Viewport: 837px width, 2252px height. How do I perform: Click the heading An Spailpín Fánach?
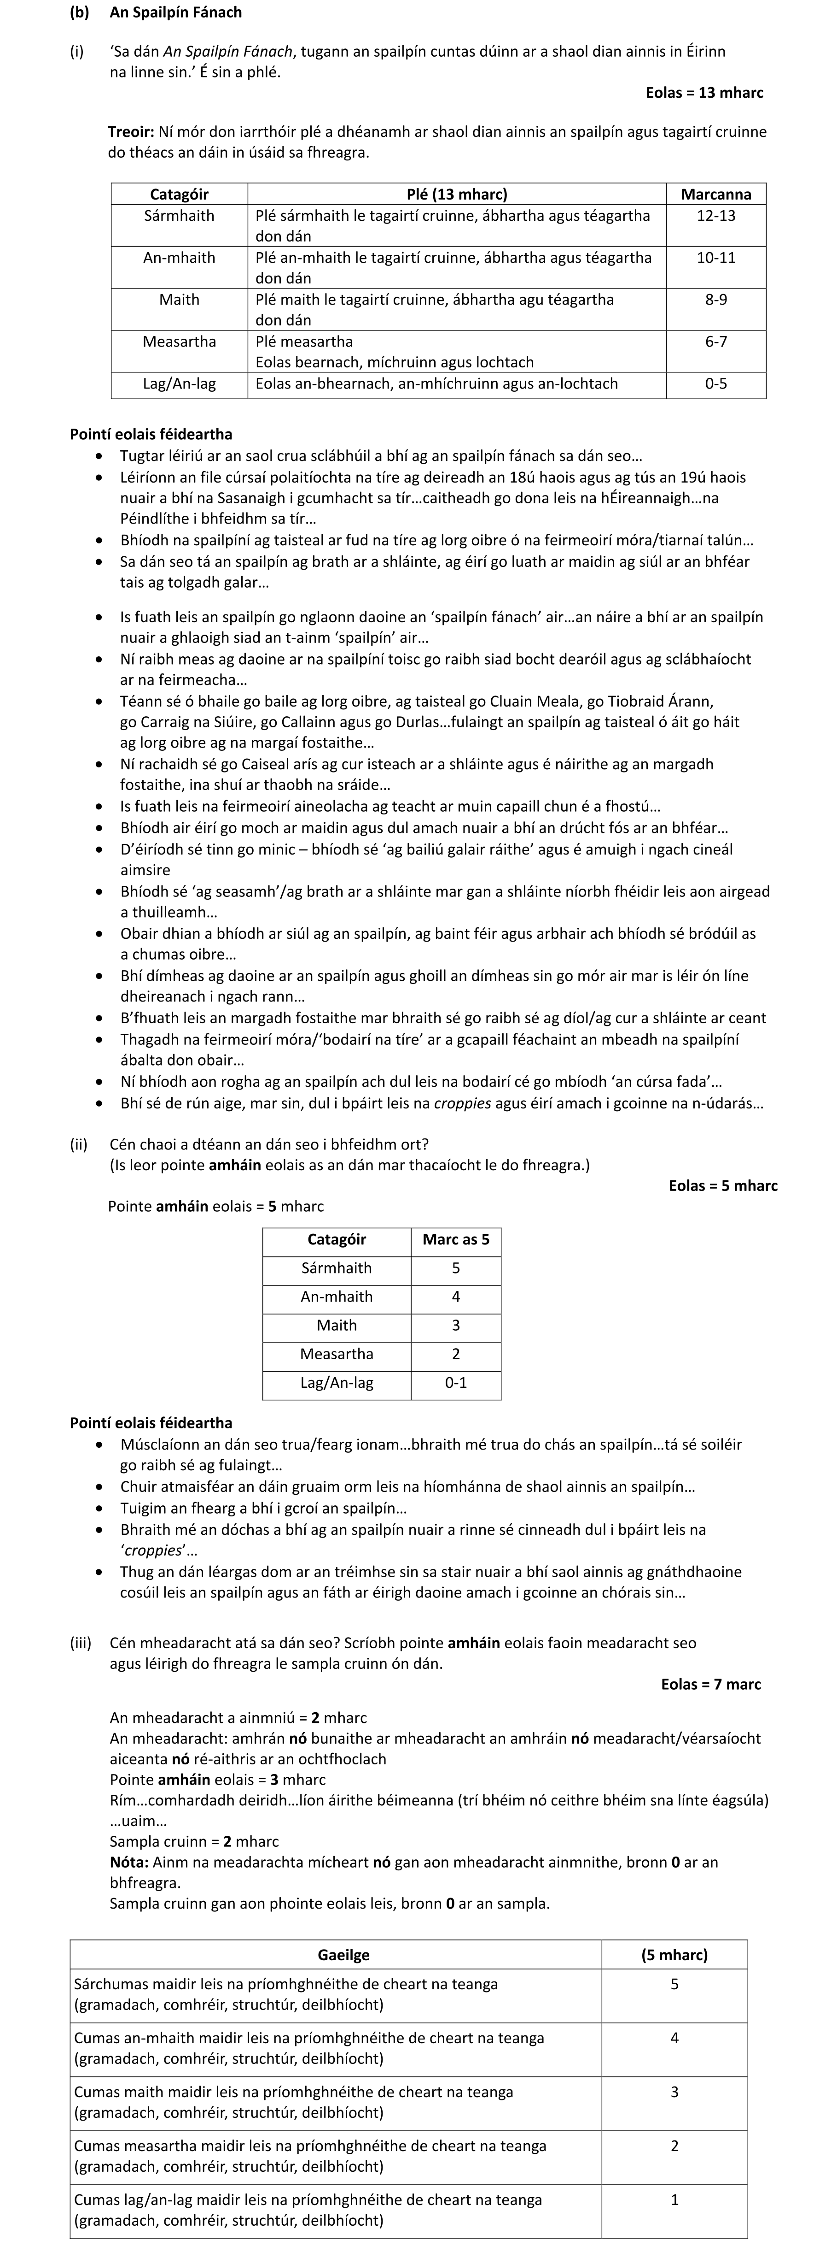(x=175, y=12)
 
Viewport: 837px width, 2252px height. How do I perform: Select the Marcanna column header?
(x=715, y=194)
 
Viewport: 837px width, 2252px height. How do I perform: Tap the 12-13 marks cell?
(x=715, y=215)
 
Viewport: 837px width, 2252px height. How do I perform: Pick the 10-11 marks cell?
(x=715, y=257)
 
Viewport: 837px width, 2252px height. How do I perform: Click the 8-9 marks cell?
(x=715, y=299)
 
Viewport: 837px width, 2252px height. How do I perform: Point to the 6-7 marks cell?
(x=715, y=341)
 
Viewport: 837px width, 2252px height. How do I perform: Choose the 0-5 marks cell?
(x=715, y=383)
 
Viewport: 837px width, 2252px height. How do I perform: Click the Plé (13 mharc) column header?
(x=456, y=194)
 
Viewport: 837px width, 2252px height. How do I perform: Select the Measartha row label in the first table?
(x=179, y=341)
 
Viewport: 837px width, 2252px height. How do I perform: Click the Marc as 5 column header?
(x=455, y=1239)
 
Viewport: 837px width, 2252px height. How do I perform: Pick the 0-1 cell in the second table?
(x=455, y=1382)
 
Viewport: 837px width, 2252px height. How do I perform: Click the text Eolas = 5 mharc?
(x=722, y=1185)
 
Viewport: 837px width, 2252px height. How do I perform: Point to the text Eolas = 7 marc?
(x=710, y=1684)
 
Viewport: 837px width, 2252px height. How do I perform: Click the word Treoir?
(x=130, y=132)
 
